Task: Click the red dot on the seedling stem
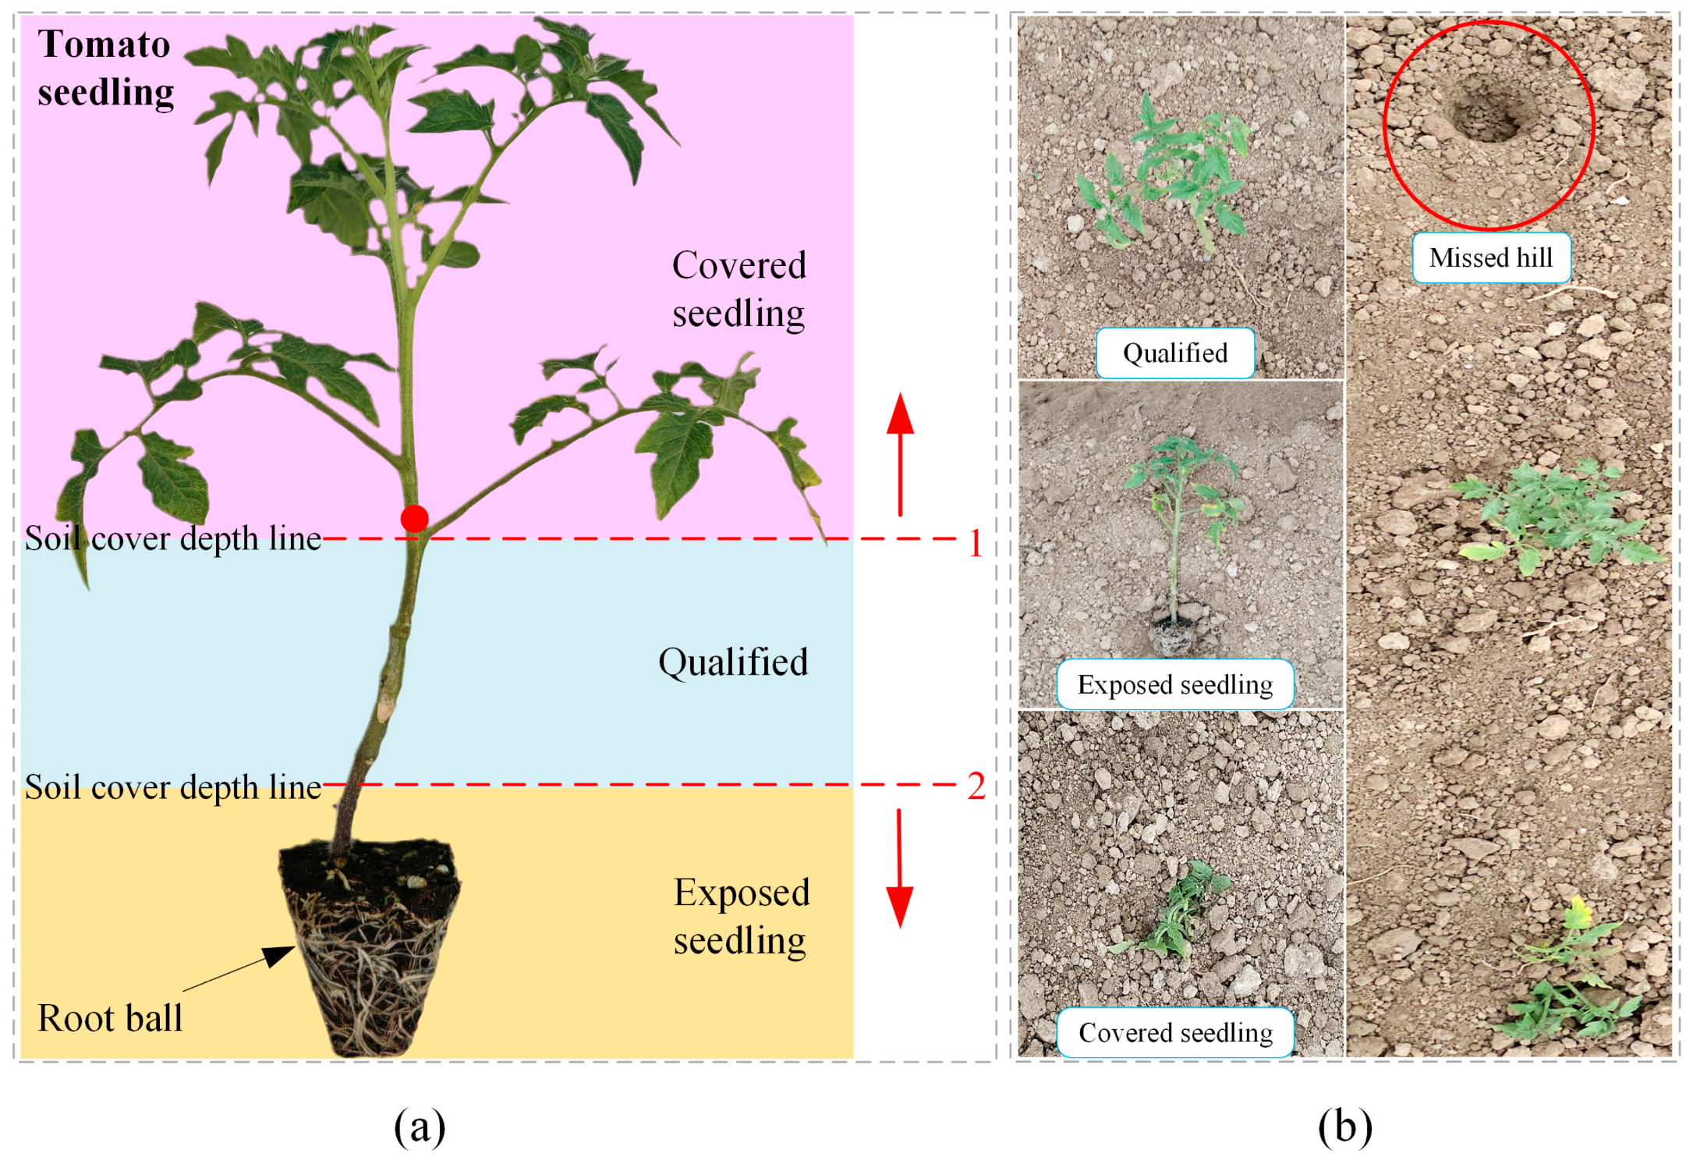(414, 518)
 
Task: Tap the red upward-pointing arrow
(900, 453)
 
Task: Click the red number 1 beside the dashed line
(976, 543)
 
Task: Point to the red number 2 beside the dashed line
(976, 786)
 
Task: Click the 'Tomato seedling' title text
(105, 68)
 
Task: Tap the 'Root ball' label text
(110, 1017)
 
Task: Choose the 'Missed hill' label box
(1490, 257)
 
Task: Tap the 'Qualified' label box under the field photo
(1175, 353)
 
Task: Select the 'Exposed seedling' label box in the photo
(1175, 684)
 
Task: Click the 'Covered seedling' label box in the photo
(1175, 1032)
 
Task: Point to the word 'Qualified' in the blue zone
(733, 662)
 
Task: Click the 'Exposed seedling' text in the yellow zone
(741, 916)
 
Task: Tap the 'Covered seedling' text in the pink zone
(738, 289)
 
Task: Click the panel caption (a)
(420, 1127)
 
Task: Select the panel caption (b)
(1344, 1127)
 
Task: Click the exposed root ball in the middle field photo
(1174, 634)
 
